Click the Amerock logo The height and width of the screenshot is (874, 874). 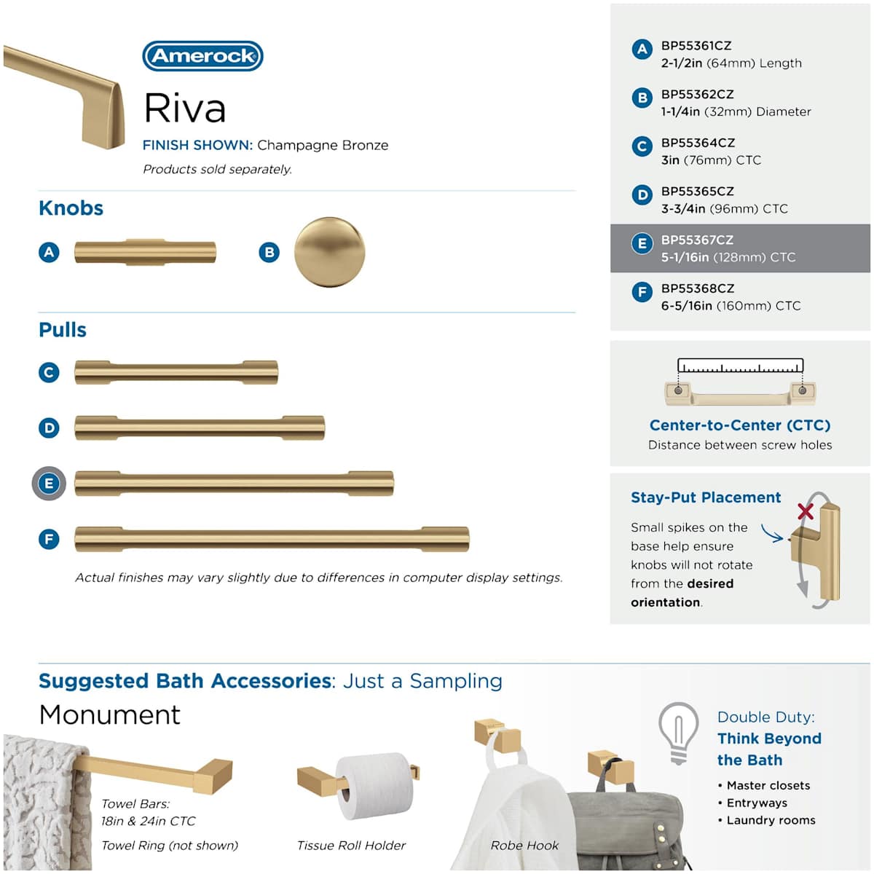[202, 56]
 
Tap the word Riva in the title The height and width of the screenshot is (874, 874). [185, 109]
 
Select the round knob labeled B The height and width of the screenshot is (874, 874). [329, 252]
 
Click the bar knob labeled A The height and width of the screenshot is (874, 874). [145, 252]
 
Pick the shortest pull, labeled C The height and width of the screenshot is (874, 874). [176, 372]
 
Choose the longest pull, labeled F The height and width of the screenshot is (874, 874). [272, 540]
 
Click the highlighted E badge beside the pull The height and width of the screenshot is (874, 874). [49, 484]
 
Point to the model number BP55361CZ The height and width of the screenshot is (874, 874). [696, 46]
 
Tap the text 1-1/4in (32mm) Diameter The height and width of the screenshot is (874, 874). [736, 111]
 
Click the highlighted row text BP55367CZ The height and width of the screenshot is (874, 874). [697, 240]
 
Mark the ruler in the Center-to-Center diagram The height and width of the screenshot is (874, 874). [740, 366]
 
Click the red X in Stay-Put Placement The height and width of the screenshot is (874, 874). [806, 511]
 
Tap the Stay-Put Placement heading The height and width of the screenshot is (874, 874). [706, 497]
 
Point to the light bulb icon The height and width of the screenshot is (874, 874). [678, 732]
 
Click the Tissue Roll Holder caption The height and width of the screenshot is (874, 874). [351, 846]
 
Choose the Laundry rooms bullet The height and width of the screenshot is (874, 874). [771, 820]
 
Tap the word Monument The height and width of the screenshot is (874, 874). [109, 714]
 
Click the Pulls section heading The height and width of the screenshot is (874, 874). [63, 330]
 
